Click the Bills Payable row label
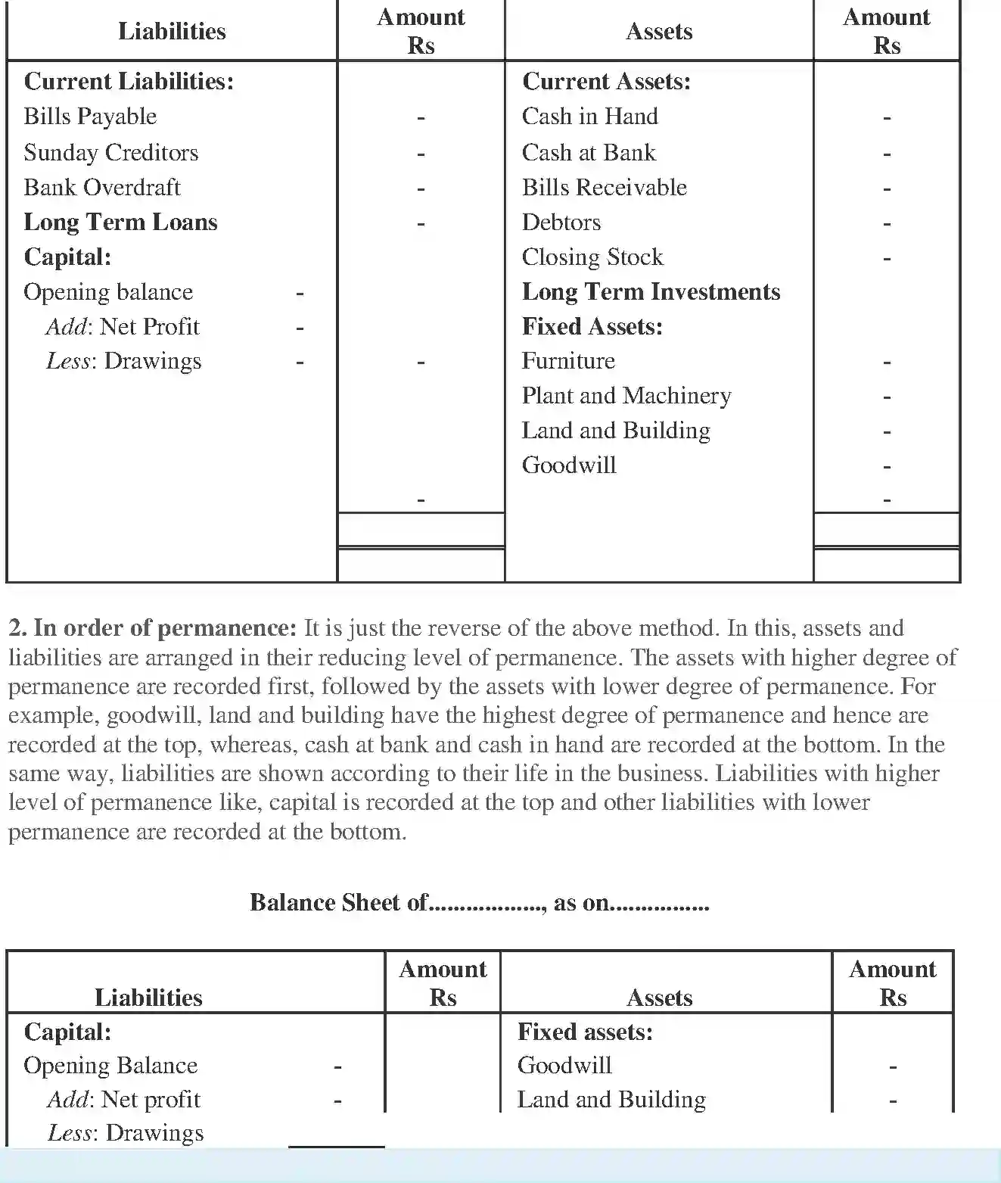(90, 117)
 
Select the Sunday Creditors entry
(111, 153)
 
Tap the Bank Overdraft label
(102, 188)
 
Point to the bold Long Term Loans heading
(120, 223)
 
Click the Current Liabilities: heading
(129, 82)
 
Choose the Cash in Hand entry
(589, 117)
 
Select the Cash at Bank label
(588, 153)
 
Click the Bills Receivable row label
(604, 188)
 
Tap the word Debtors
(561, 223)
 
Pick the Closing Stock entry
(592, 257)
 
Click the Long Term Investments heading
(651, 292)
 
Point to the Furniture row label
(567, 361)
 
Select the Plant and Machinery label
(626, 396)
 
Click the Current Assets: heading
(606, 82)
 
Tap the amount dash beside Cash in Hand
(887, 118)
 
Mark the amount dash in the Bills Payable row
(421, 118)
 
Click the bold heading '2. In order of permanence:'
(152, 628)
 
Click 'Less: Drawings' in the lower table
(126, 1133)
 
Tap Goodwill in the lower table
(564, 1066)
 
